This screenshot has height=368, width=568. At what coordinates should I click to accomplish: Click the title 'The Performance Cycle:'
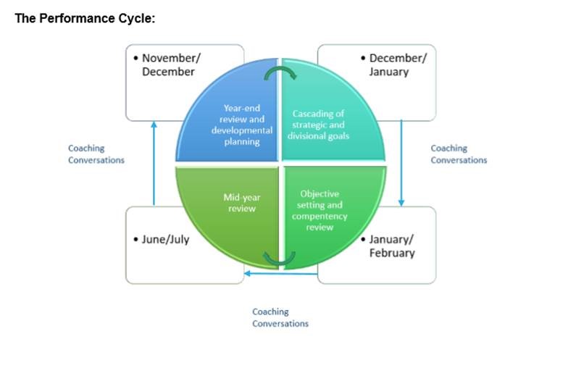coord(85,18)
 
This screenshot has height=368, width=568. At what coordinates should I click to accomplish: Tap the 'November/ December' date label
coord(171,65)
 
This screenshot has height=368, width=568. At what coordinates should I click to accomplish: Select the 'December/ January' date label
coord(398,65)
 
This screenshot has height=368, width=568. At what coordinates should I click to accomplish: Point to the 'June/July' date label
coord(165,239)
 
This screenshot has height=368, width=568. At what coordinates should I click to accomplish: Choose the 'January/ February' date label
coord(392,246)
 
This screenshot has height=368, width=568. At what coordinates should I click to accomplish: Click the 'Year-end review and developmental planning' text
coord(242,125)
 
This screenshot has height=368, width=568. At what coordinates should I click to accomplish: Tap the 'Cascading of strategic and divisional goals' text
coord(319,125)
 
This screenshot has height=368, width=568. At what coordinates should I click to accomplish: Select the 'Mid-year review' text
coord(242,203)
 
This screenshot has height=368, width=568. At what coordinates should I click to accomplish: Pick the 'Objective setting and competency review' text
coord(319,210)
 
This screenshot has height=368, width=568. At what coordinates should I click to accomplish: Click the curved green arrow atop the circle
coord(280,70)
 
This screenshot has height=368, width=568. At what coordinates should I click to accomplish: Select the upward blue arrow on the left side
coord(154,164)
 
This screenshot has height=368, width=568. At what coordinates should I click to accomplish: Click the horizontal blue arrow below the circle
coord(281,274)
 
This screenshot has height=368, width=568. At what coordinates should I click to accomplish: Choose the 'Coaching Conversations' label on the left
coord(96,154)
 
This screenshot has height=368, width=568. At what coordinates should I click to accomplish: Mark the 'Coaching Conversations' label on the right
coord(459,154)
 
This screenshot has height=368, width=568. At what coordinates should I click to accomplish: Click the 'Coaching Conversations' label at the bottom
coord(280,317)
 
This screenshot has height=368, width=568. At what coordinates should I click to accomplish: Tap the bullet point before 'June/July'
coord(136,239)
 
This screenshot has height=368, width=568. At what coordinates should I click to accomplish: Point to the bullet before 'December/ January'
coord(363,58)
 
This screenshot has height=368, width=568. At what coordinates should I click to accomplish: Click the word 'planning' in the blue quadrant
coord(242,142)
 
